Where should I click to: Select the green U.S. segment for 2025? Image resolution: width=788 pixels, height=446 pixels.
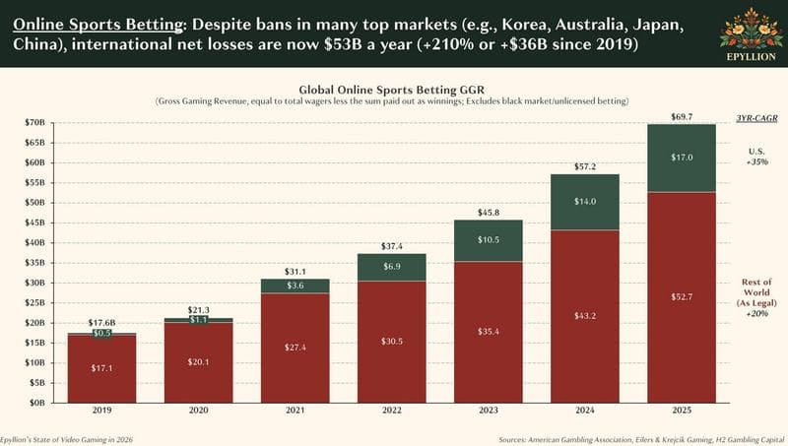point(681,158)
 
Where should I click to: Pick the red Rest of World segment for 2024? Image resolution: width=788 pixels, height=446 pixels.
point(584,315)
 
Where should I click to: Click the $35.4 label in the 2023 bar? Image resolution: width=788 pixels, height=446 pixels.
point(488,332)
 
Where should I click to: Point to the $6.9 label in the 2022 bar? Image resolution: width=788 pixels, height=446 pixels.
point(392,267)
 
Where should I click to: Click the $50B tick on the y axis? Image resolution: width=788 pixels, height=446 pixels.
point(35,202)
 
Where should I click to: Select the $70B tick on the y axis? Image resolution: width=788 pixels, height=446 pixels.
point(35,122)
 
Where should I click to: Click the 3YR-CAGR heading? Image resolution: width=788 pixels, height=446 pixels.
point(756,118)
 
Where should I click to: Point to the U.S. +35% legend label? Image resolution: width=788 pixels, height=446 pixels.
point(756,156)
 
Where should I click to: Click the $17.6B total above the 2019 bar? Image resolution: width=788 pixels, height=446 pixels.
point(102,323)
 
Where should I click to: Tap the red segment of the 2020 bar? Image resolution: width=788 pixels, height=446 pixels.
point(199,362)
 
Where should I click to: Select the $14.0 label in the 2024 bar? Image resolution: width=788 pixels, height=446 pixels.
point(584,201)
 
